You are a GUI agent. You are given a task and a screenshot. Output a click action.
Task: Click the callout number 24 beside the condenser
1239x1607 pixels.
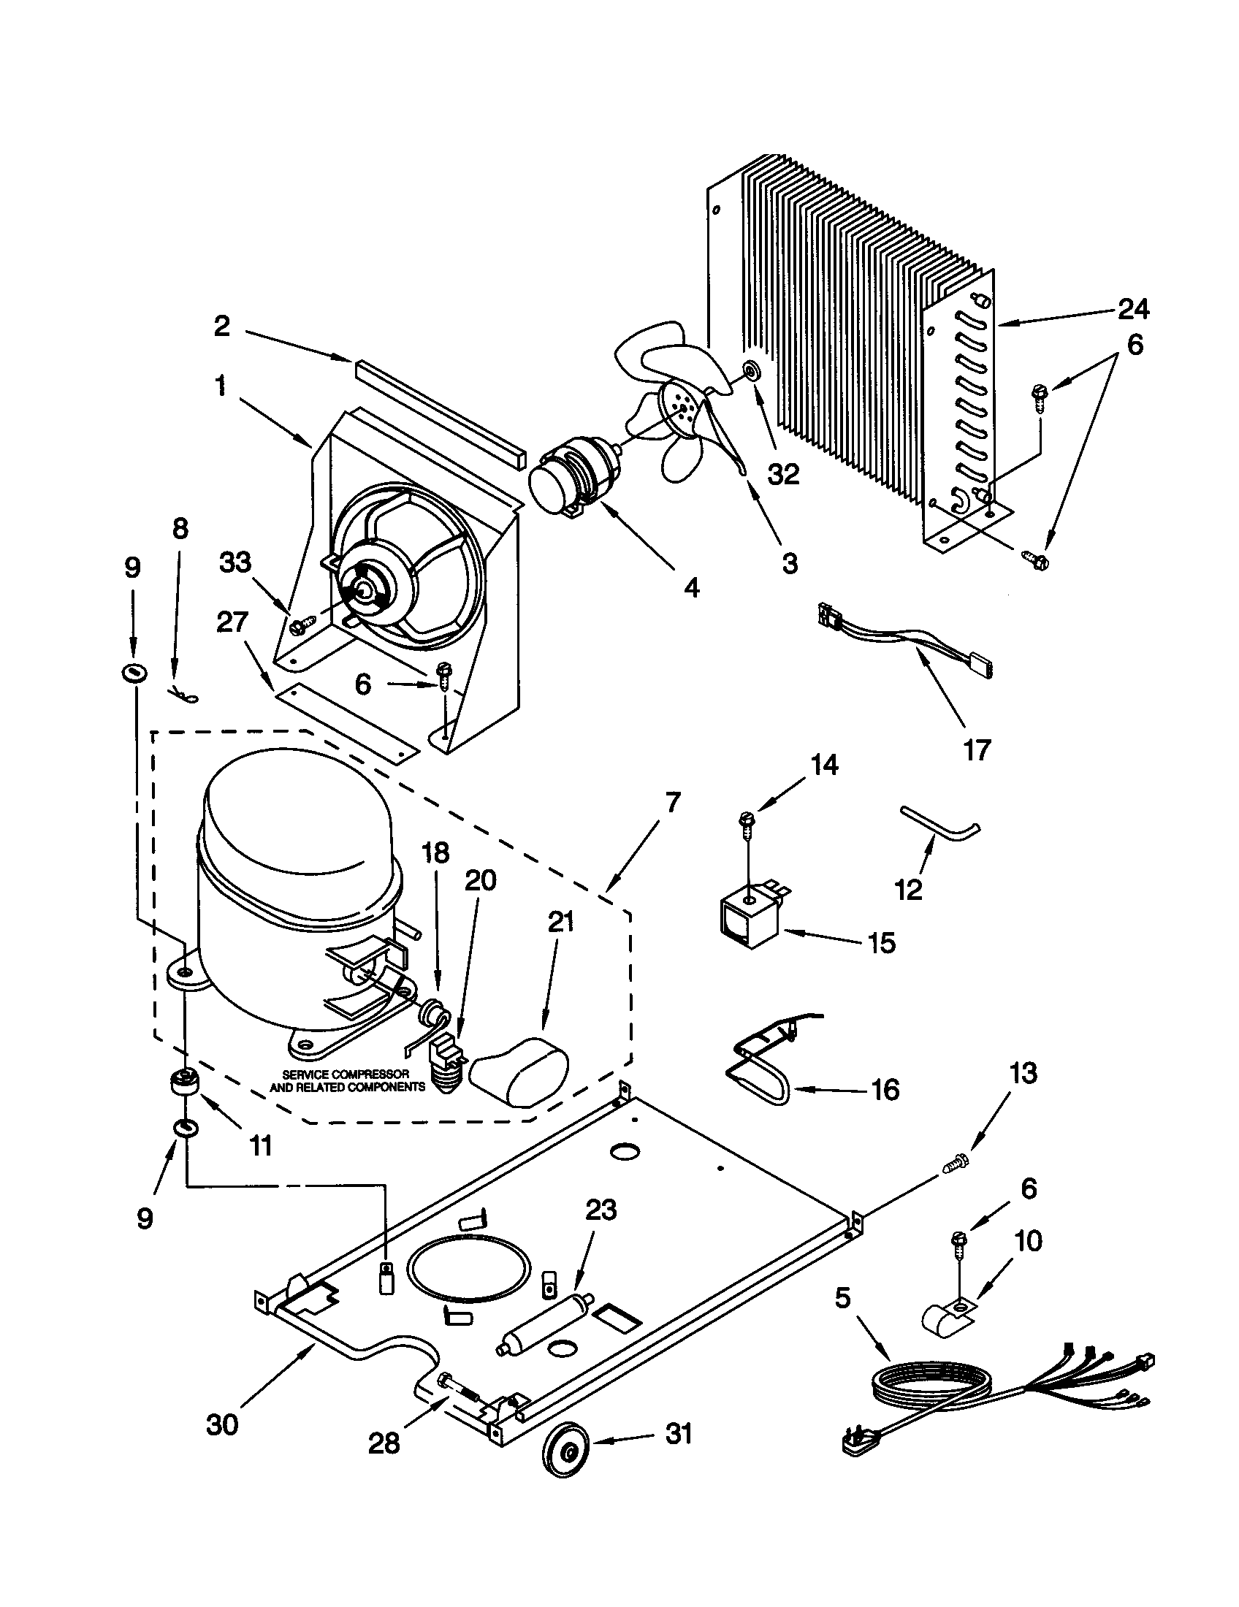tap(1133, 310)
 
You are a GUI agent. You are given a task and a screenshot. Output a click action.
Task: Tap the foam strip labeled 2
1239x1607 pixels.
tap(438, 416)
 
